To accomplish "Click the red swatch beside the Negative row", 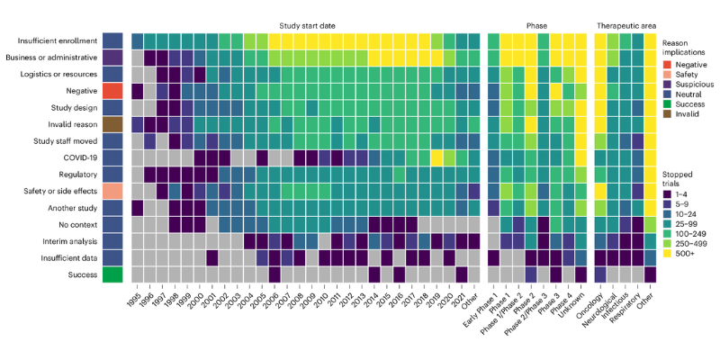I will pyautogui.click(x=112, y=91).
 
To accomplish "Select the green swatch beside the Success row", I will pyautogui.click(x=112, y=274).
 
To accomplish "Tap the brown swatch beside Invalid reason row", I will pyautogui.click(x=112, y=124).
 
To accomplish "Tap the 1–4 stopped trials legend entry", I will pyautogui.click(x=685, y=193).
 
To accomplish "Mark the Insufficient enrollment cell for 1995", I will pyautogui.click(x=138, y=40).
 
